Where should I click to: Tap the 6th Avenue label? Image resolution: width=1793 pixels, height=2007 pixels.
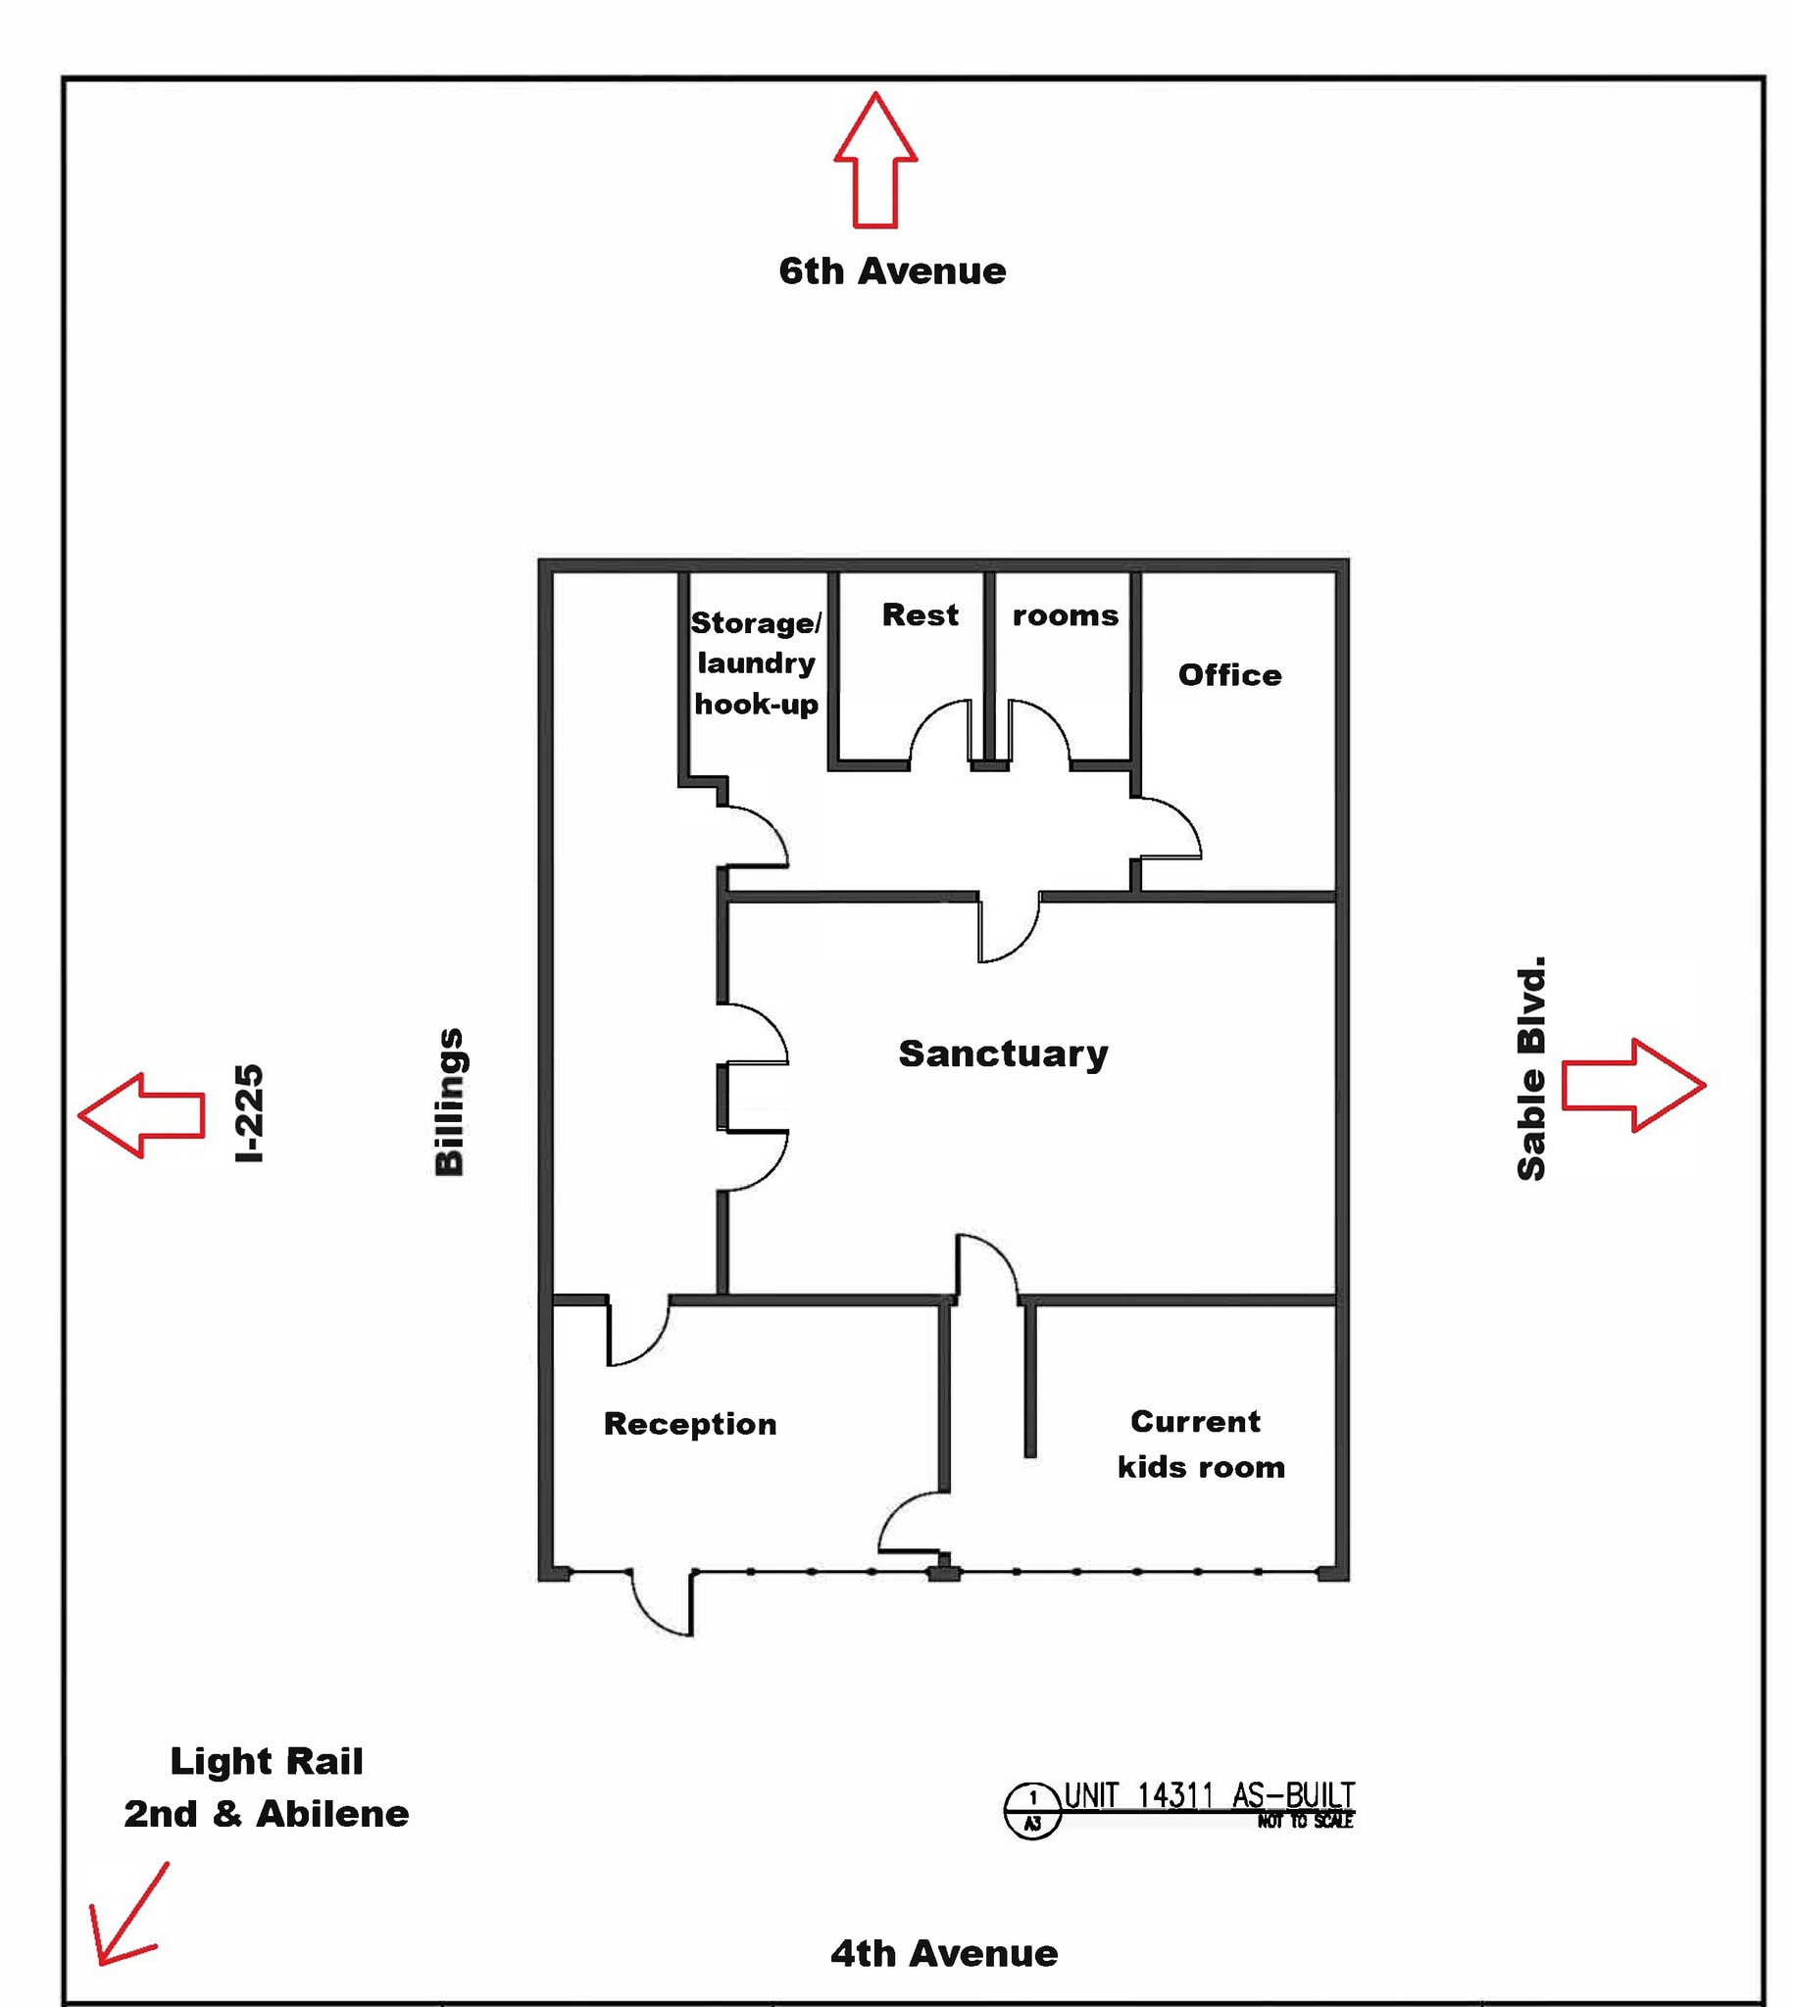(891, 270)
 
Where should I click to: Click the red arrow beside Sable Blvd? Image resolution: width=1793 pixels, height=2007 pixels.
(1632, 1085)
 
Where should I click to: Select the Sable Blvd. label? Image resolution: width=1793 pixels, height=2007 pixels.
(1531, 1067)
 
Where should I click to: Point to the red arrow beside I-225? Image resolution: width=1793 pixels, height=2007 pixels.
(142, 1115)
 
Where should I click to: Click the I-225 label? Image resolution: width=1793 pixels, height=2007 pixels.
(249, 1113)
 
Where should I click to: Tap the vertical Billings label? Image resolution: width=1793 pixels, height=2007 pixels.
(449, 1101)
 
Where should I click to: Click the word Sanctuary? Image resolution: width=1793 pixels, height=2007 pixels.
(1003, 1053)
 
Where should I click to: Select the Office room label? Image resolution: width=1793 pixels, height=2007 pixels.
(1229, 674)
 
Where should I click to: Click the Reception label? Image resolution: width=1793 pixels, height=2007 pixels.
(689, 1424)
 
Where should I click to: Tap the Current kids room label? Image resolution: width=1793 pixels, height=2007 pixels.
(1200, 1444)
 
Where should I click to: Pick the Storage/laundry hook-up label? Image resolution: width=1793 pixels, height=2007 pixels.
(756, 662)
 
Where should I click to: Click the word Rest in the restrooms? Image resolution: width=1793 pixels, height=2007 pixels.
(920, 614)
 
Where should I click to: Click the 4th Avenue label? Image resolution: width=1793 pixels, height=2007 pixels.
(944, 1953)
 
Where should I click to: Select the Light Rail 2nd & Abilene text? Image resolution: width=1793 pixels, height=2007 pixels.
(266, 1787)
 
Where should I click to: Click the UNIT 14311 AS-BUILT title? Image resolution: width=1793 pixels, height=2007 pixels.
(1209, 1795)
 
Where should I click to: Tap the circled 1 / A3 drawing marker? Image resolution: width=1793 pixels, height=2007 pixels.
(1031, 1810)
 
